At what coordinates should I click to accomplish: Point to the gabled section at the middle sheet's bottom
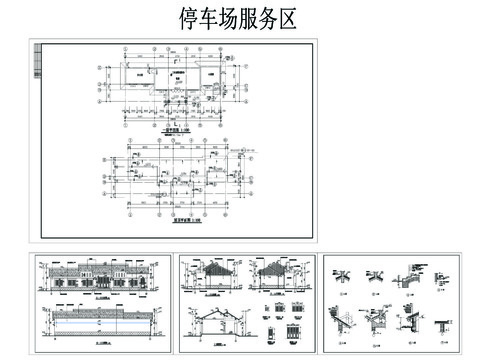click(220, 325)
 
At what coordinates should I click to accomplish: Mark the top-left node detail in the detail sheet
click(343, 274)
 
